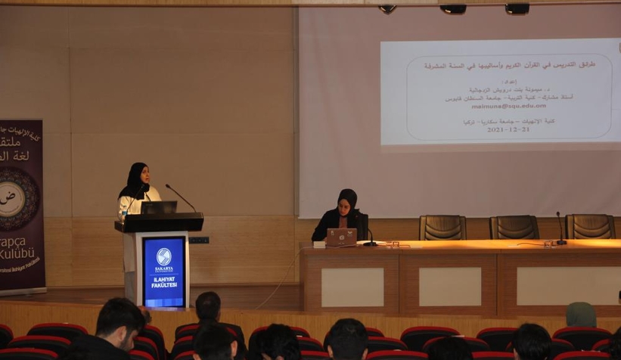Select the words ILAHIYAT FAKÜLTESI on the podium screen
[x=164, y=281]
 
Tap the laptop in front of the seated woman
[x=341, y=237]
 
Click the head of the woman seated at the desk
[x=347, y=200]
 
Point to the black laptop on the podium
[x=159, y=206]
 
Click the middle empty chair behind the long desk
[x=514, y=227]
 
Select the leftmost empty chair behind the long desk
[x=442, y=227]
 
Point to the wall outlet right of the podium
[x=198, y=240]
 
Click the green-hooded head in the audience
[x=581, y=315]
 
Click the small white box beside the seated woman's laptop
[x=319, y=244]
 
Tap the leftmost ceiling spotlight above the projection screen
[x=387, y=8]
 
